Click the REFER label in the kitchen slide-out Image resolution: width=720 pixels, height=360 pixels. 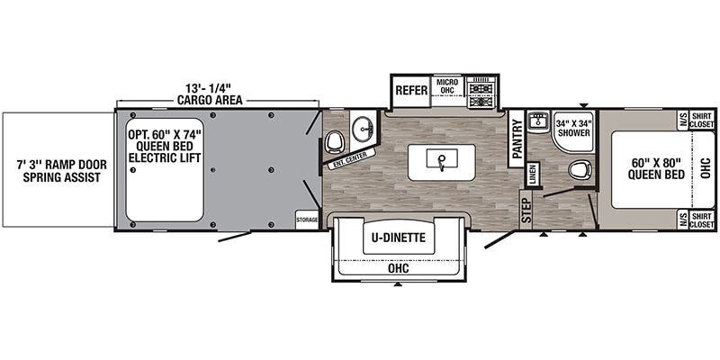pos(411,90)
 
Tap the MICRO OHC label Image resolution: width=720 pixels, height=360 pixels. pos(446,86)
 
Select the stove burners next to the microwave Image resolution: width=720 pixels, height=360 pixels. pos(481,93)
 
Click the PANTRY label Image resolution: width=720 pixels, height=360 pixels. pos(517,139)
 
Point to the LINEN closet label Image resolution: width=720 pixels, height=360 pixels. pos(533,175)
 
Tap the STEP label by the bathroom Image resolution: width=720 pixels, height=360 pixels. pos(526,210)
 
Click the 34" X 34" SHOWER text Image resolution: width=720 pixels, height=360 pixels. pos(573,128)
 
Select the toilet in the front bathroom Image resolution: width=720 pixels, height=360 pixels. pos(580,170)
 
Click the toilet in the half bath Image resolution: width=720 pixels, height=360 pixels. pos(334,141)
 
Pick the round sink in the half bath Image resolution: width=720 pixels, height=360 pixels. pos(364,129)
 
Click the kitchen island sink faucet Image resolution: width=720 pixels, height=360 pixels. pos(442,162)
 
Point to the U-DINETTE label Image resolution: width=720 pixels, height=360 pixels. pos(399,238)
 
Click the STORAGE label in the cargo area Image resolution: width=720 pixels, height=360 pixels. pos(307,220)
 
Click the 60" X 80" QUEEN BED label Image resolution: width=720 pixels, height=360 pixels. pos(656,168)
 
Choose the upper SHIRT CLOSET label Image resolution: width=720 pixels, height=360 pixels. pos(702,121)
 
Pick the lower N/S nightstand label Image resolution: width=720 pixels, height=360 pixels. pos(683,220)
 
